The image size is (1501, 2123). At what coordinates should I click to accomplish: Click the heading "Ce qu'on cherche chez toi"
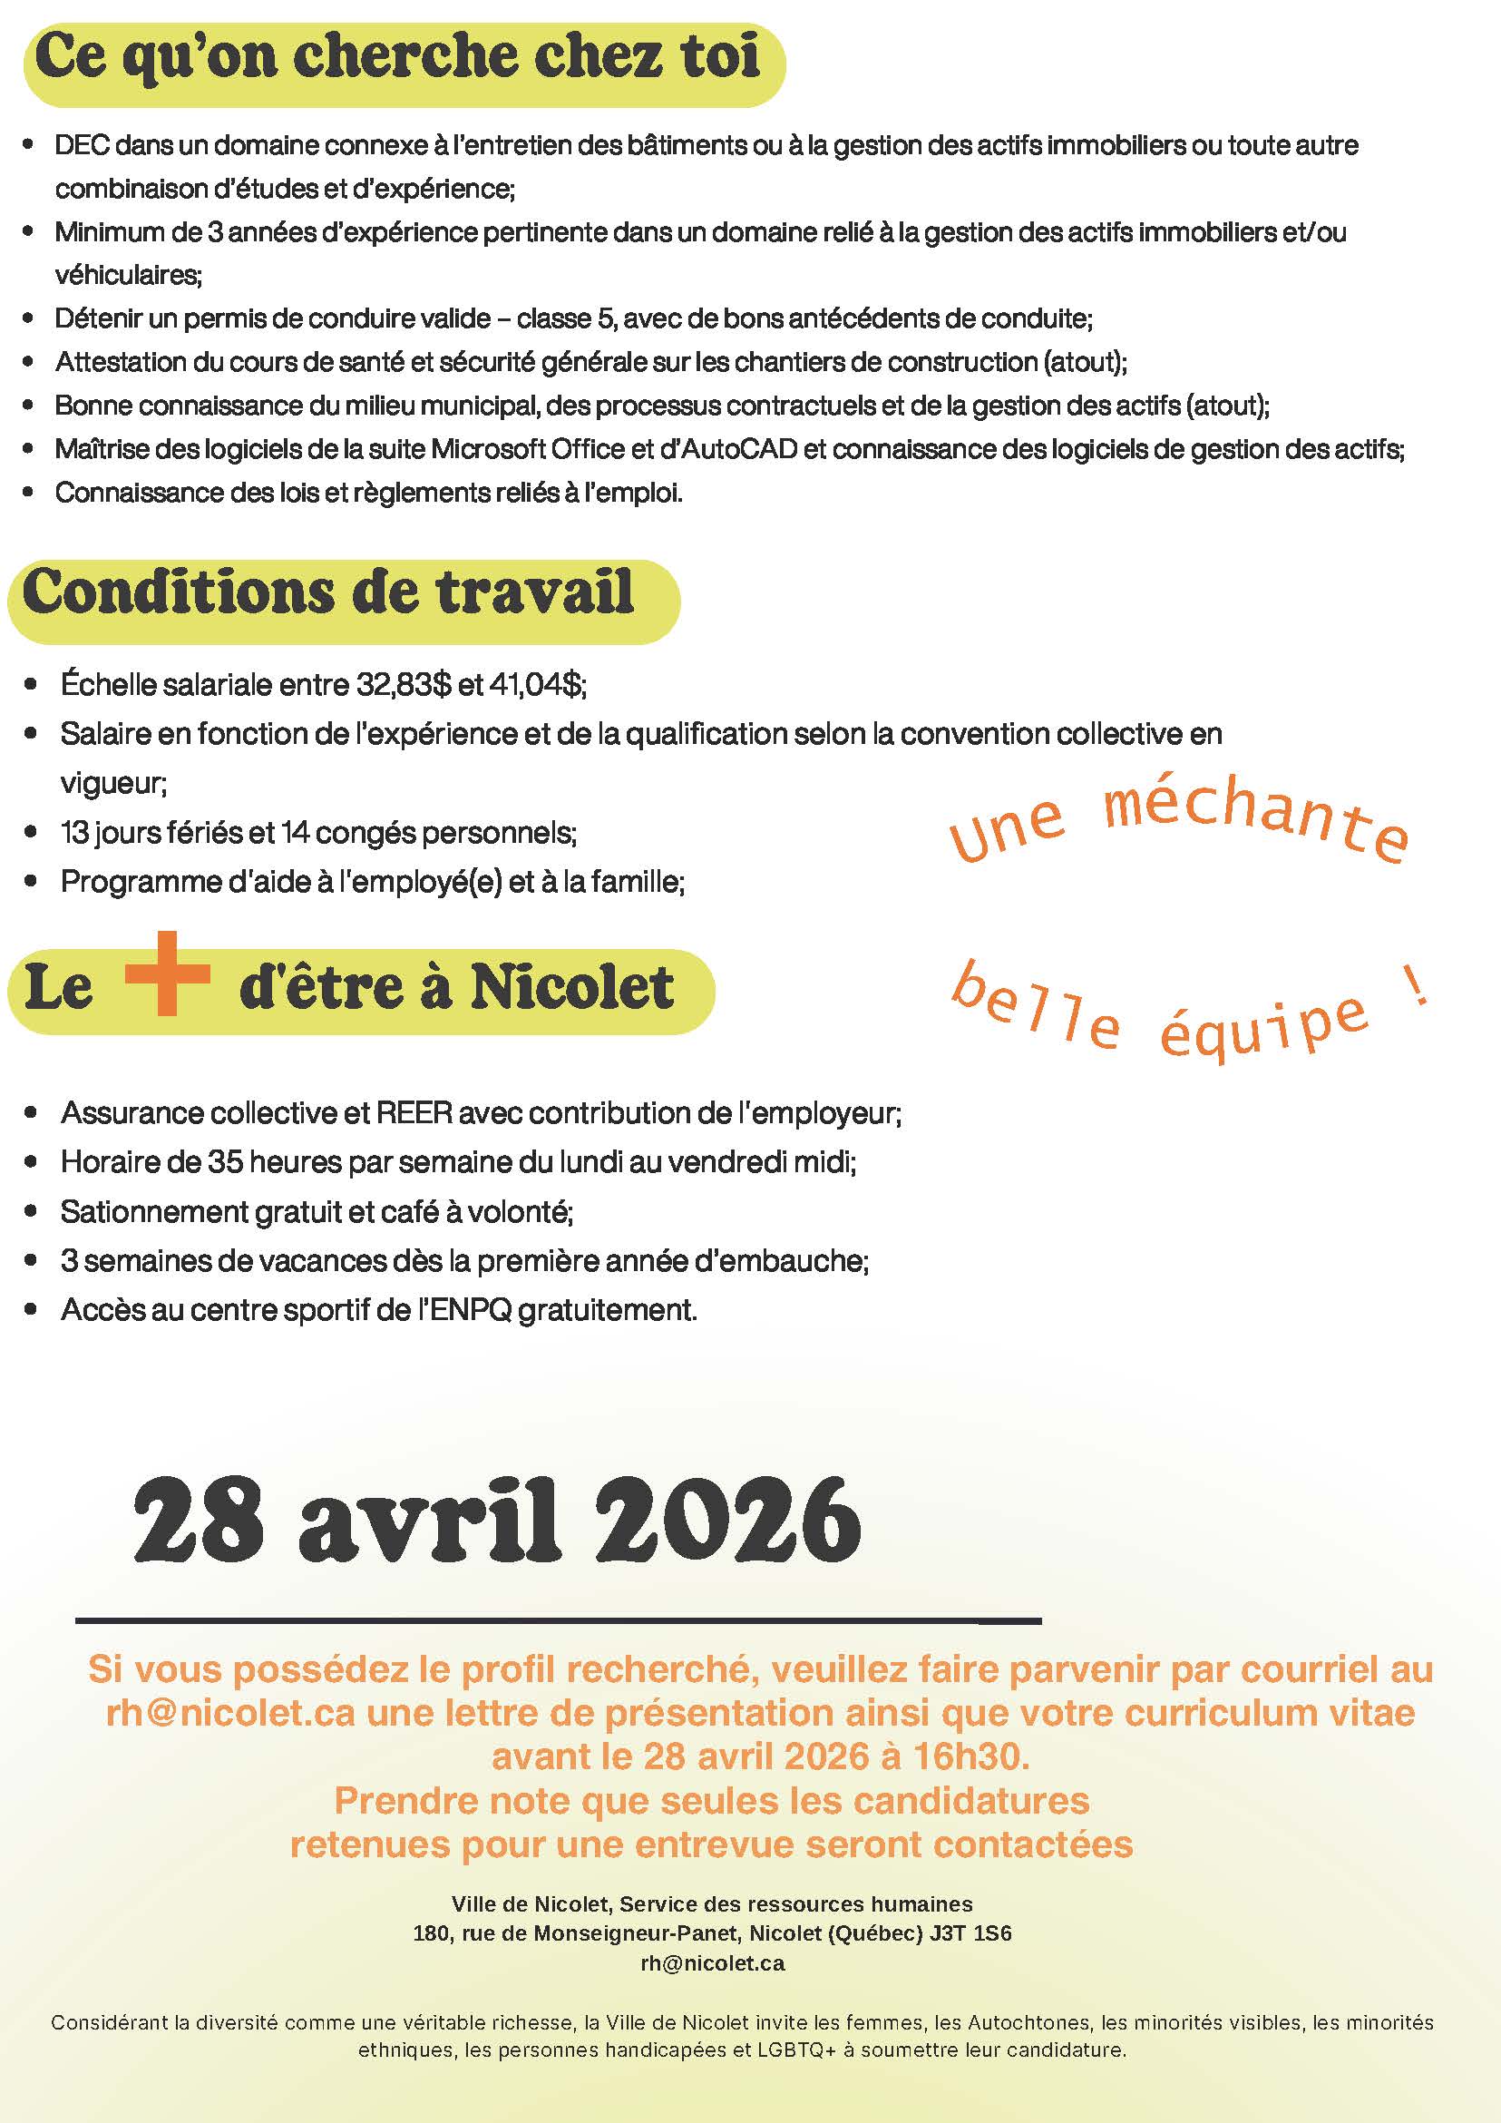[397, 57]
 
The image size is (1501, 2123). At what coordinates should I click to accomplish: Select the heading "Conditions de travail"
[329, 592]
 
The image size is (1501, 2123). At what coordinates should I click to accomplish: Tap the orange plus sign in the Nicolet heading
[167, 973]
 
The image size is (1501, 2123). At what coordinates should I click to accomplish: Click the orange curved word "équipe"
[1262, 1024]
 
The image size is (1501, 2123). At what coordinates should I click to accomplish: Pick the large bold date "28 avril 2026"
[497, 1521]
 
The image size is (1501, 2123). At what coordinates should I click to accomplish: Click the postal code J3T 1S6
[971, 1933]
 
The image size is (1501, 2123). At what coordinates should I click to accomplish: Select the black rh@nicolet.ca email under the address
[713, 1963]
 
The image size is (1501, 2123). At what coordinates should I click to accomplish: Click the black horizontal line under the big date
[559, 1620]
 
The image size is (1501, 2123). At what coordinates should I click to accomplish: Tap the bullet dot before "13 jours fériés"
[31, 832]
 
